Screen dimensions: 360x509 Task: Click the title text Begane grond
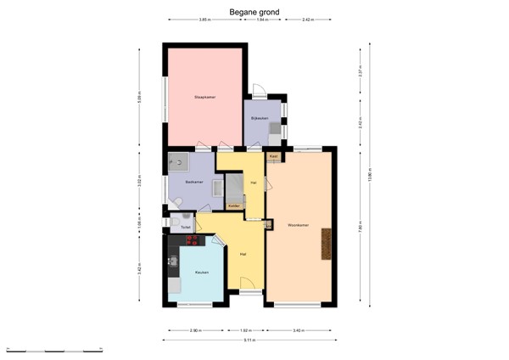[x=255, y=12]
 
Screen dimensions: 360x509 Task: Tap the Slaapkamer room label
[x=204, y=98]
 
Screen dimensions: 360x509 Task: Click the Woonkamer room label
[x=297, y=225]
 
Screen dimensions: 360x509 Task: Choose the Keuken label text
[x=202, y=272]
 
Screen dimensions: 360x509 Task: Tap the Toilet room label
[x=185, y=228]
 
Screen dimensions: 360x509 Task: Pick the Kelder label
[x=234, y=206]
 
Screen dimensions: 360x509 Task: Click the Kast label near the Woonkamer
[x=273, y=157]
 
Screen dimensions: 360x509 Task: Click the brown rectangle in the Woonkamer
[x=323, y=246]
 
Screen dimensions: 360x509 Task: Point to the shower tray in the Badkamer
[x=179, y=161]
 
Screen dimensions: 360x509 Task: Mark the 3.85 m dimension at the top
[x=204, y=20]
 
